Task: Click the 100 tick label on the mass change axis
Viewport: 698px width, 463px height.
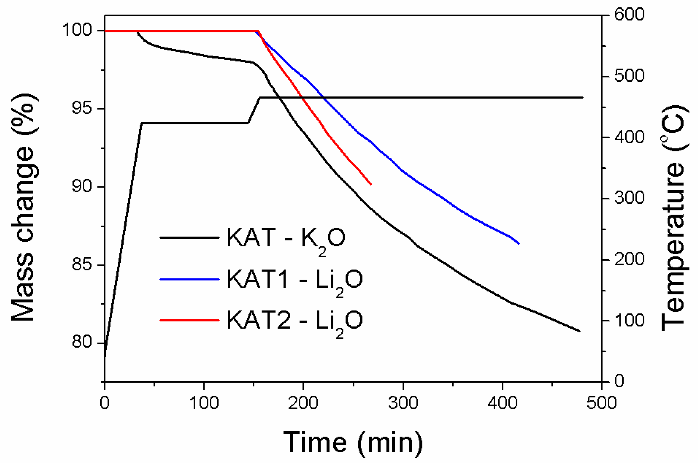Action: (x=77, y=30)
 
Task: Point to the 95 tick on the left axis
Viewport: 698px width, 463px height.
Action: (x=82, y=108)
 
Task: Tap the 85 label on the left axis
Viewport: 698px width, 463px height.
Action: (x=82, y=265)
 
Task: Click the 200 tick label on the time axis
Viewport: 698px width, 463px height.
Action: (x=303, y=403)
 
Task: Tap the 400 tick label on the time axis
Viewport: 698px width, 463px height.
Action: (x=502, y=403)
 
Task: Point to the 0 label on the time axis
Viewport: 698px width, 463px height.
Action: (x=105, y=403)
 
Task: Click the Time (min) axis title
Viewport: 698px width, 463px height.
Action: (x=353, y=442)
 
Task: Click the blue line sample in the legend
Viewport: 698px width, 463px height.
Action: (x=190, y=279)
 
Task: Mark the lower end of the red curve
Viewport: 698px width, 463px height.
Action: (x=371, y=184)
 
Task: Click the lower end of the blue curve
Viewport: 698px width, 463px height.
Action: (x=519, y=244)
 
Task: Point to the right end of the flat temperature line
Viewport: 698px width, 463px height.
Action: (x=583, y=98)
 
